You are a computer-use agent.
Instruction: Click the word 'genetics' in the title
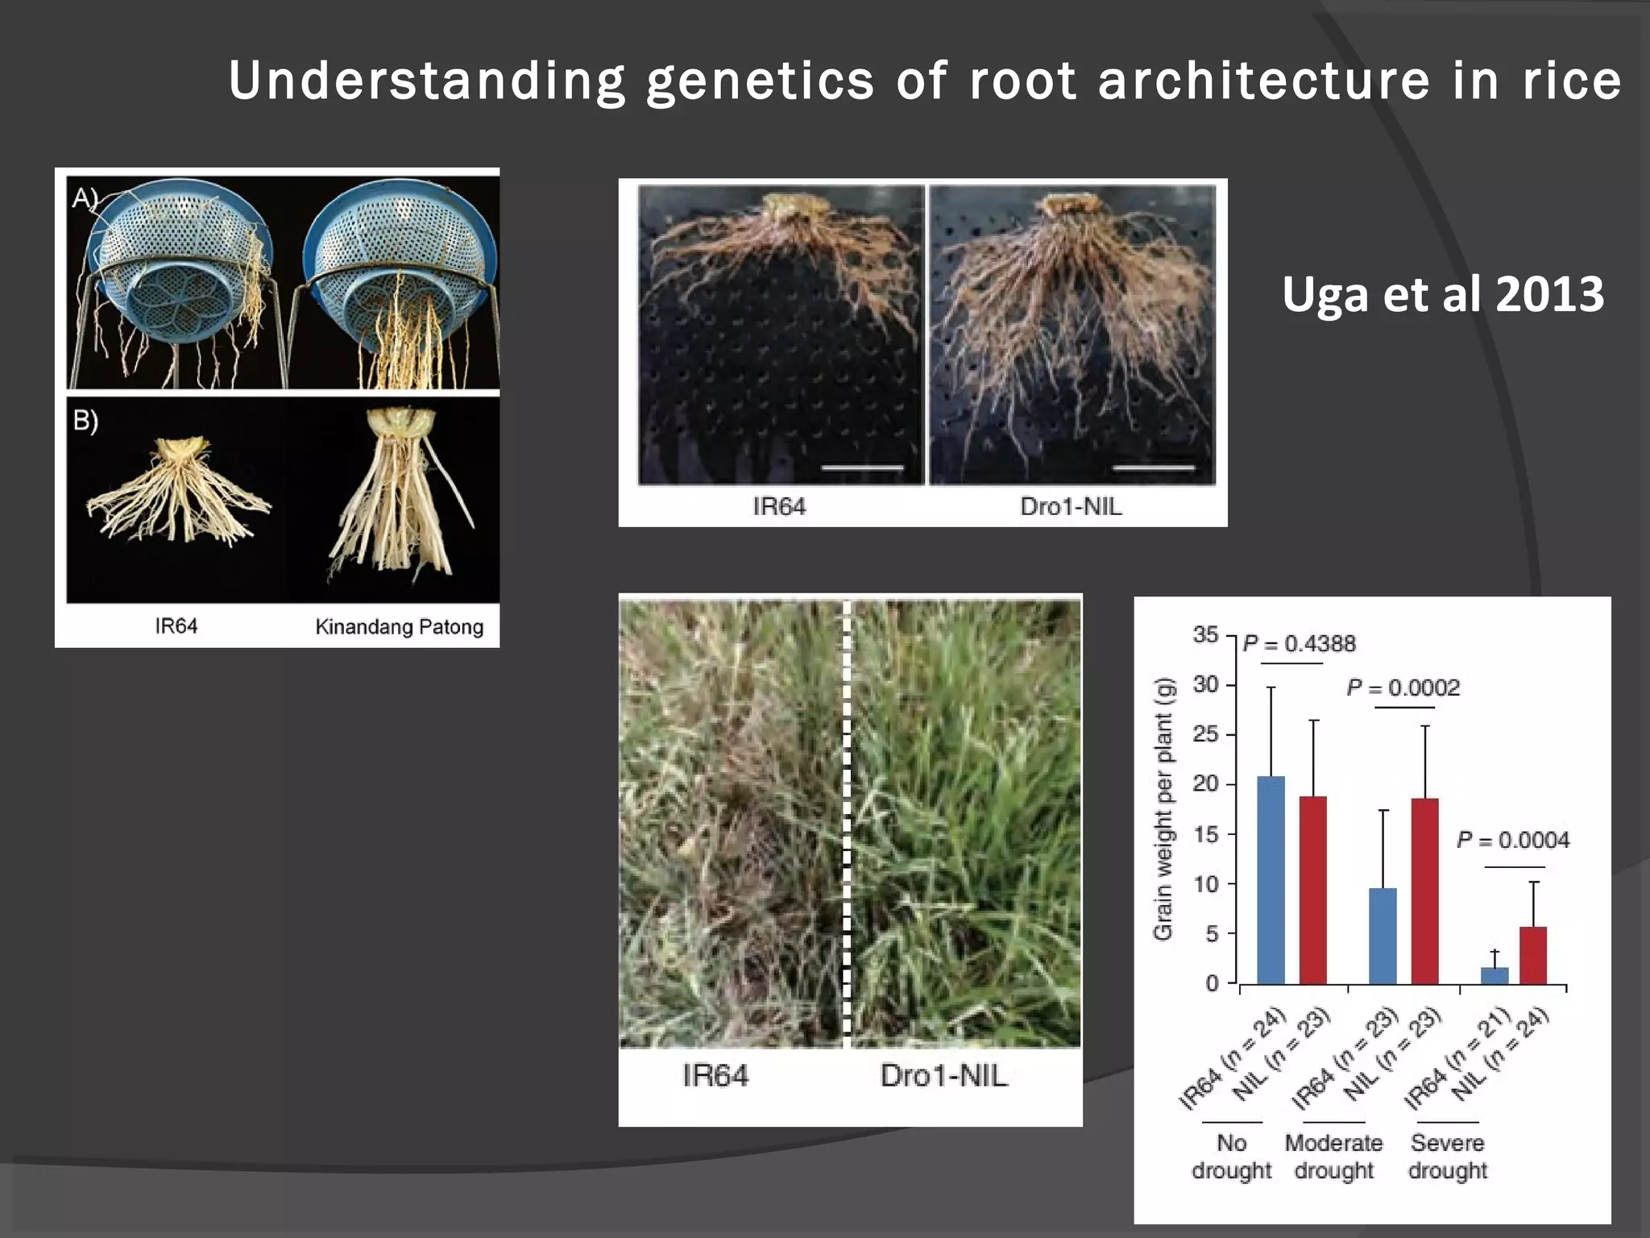pos(760,81)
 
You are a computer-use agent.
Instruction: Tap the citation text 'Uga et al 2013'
pos(1442,294)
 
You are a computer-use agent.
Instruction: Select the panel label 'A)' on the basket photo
pos(84,197)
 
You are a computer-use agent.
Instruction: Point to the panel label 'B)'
pos(85,420)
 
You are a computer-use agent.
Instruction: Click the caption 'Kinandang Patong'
pos(399,626)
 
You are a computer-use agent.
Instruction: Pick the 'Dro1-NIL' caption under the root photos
pos(1070,506)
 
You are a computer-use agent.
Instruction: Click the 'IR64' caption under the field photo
pos(715,1075)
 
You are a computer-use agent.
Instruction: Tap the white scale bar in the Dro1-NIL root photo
pos(1153,467)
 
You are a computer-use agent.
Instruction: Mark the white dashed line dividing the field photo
pos(846,822)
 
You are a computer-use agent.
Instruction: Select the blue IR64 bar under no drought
pos(1271,880)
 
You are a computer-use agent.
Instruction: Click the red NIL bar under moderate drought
pos(1424,891)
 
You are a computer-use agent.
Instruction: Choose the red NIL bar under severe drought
pos(1533,955)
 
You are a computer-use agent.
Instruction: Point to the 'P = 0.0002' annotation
pos(1403,688)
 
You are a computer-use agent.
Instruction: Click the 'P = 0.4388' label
pos(1299,643)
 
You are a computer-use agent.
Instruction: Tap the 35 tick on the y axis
pos(1205,635)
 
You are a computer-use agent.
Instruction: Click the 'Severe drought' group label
pos(1447,1156)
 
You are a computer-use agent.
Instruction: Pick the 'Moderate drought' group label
pos(1333,1156)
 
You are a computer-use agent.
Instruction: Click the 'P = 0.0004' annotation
pos(1512,840)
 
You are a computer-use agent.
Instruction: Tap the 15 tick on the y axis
pos(1205,834)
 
